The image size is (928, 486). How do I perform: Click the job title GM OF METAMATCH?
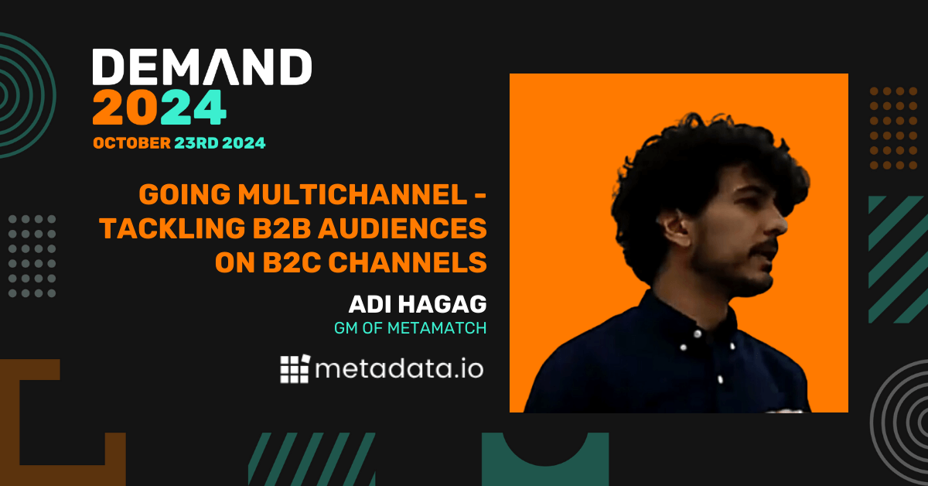(410, 328)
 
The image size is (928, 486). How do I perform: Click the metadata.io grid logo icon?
(295, 369)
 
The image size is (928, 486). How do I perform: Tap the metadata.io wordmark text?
(399, 369)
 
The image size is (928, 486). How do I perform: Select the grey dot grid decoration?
(32, 256)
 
